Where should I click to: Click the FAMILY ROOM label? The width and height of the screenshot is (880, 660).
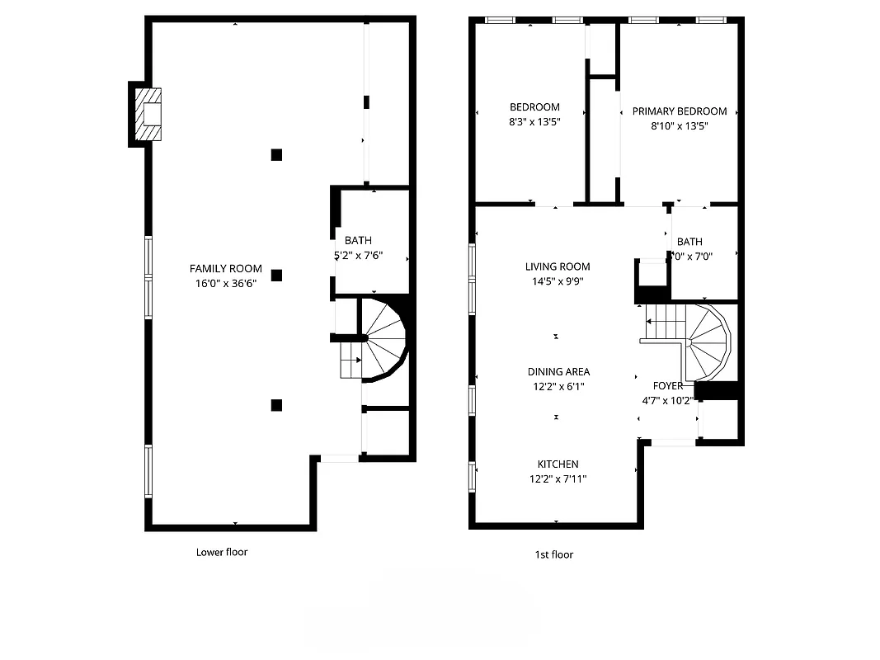coord(226,268)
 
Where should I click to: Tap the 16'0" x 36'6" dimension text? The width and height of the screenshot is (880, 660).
coord(226,284)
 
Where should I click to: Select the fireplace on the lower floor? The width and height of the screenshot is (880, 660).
coord(148,114)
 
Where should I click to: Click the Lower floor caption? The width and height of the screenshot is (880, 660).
coord(222,552)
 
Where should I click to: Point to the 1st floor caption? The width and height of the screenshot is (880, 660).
coord(554,554)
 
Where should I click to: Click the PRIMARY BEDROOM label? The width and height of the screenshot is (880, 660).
coord(680,111)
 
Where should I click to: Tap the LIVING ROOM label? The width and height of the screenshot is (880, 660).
coord(558,266)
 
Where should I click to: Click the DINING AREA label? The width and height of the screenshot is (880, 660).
coord(558,371)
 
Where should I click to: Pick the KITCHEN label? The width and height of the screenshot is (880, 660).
coord(558,464)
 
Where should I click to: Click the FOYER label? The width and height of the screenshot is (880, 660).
coord(668,385)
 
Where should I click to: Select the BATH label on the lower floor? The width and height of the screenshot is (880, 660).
coord(358,240)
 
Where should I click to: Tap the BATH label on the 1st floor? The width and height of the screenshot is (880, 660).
coord(689,242)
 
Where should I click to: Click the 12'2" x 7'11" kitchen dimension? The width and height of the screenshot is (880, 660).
coord(558,479)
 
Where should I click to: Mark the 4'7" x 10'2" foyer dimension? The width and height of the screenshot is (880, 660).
coord(669,401)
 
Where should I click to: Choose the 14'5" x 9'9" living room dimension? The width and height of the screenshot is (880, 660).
coord(558,282)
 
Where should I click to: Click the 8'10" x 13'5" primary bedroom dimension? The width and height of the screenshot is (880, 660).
coord(680,126)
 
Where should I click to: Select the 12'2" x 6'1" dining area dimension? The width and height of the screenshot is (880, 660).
coord(558,386)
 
